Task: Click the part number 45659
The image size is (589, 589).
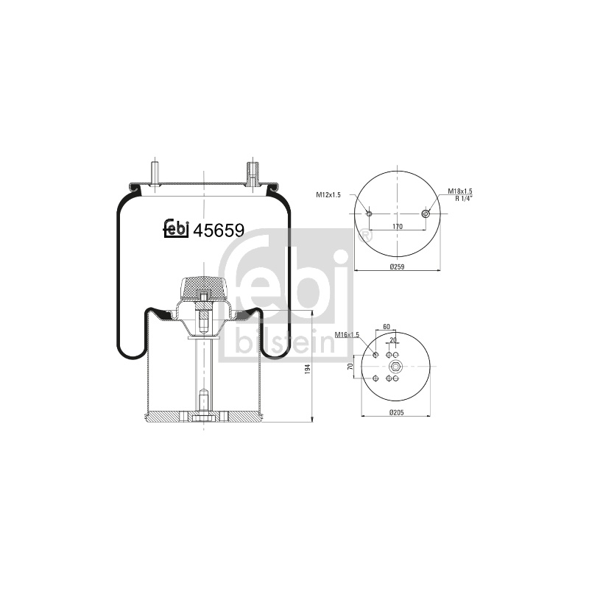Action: [x=218, y=230]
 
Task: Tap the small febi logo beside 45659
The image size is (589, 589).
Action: [x=176, y=228]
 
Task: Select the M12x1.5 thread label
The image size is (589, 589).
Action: [x=328, y=194]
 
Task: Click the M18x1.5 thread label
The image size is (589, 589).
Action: [x=459, y=191]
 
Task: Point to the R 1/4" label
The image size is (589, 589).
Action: [x=464, y=198]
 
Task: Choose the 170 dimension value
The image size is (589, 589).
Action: [x=398, y=227]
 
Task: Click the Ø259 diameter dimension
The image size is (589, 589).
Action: [x=397, y=267]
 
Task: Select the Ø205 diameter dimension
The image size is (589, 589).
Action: [x=396, y=412]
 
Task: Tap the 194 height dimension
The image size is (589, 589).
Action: [x=308, y=369]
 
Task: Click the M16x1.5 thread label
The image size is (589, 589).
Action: [x=347, y=334]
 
